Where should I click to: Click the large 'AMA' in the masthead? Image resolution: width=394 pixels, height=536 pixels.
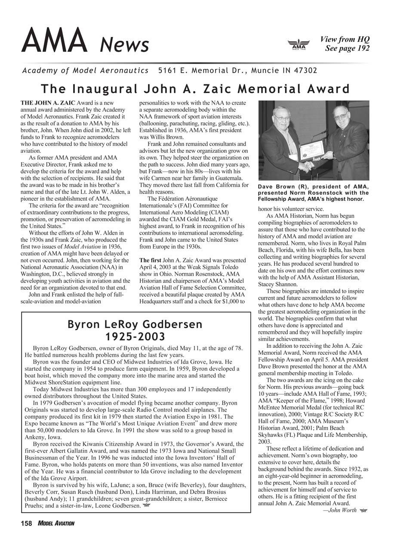pos(55,40)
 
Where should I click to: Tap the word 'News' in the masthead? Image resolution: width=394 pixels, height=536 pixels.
pos(125,45)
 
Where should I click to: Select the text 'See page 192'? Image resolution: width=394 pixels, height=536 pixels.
pos(347,48)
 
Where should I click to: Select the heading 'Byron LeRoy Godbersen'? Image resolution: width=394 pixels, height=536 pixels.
pos(135,324)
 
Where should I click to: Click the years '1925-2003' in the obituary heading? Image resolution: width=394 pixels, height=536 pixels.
pos(135,336)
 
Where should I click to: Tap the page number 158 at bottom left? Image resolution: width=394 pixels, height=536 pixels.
pos(27,523)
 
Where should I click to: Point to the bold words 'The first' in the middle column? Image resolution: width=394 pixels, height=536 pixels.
pos(151,260)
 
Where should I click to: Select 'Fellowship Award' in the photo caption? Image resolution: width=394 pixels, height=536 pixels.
pos(278,199)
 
